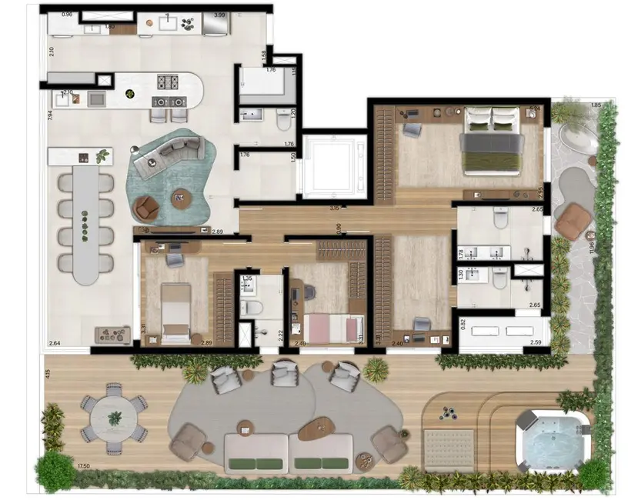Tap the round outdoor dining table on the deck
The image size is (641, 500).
[115, 418]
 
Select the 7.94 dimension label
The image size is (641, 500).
[49, 116]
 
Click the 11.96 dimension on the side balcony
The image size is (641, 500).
[591, 248]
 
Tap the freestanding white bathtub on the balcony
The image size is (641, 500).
[576, 138]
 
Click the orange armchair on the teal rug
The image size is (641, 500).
[146, 205]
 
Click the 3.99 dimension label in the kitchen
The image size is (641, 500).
[219, 15]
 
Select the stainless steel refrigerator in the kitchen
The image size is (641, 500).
[216, 26]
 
